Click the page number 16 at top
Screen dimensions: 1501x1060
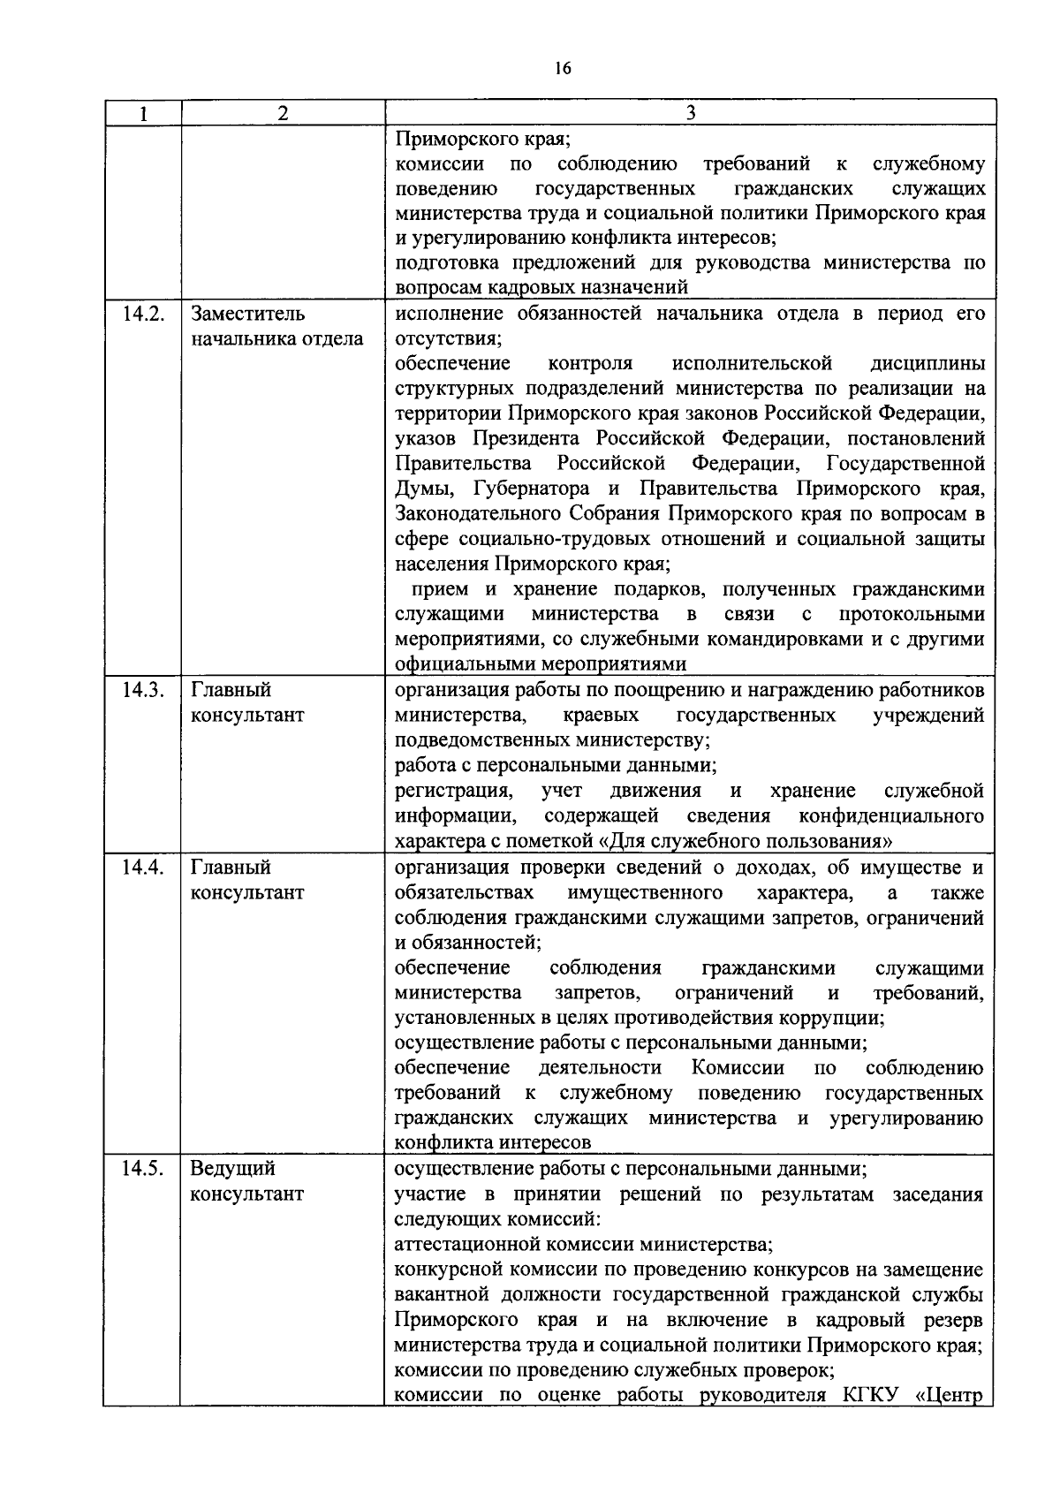(564, 69)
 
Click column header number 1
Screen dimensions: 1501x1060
(141, 113)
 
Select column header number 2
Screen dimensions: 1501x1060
(282, 113)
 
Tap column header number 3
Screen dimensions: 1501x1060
(691, 113)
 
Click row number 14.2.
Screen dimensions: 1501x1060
(141, 315)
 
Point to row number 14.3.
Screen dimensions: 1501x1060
(141, 691)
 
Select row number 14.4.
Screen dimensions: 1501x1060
(141, 868)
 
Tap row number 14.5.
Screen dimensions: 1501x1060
(141, 1169)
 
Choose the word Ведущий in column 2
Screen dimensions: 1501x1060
(233, 1169)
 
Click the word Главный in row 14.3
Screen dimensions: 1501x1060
(231, 691)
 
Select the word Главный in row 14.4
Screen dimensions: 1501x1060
(231, 868)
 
